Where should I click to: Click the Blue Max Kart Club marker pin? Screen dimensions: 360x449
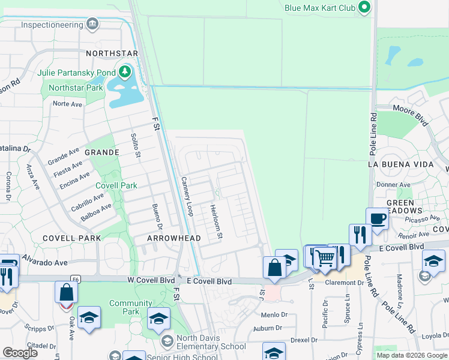[x=364, y=8]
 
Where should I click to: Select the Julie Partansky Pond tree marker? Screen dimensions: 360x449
[x=125, y=73]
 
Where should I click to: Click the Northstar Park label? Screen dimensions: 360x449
[x=76, y=88]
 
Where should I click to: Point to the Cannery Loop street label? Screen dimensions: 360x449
[x=187, y=196]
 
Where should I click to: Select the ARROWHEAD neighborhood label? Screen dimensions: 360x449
[x=173, y=238]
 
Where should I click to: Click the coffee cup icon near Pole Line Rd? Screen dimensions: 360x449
[x=377, y=219]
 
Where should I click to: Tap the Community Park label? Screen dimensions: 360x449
[x=130, y=307]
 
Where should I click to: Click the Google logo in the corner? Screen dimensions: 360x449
[x=20, y=353]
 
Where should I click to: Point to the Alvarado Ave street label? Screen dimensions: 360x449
[x=46, y=262]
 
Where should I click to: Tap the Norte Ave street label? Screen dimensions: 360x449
[x=67, y=104]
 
